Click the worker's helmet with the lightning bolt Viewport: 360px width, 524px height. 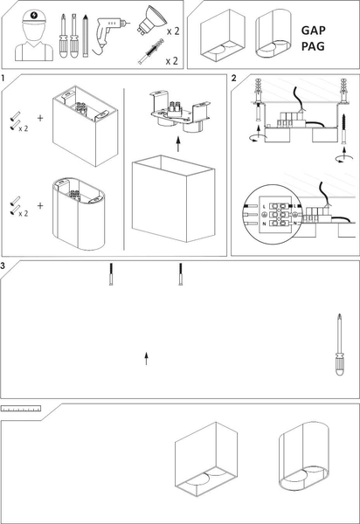pyautogui.click(x=32, y=17)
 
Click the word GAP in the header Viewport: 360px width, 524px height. pyautogui.click(x=313, y=29)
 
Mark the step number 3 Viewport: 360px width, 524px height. pyautogui.click(x=4, y=265)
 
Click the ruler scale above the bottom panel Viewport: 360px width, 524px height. pyautogui.click(x=21, y=409)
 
